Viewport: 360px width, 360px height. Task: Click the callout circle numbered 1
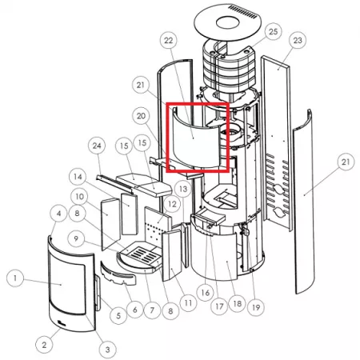pyautogui.click(x=15, y=278)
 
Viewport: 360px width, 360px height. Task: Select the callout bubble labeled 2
pyautogui.click(x=44, y=345)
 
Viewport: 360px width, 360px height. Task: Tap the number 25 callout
pyautogui.click(x=273, y=32)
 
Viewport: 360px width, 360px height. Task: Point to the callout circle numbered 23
pyautogui.click(x=298, y=40)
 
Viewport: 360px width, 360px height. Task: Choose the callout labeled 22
pyautogui.click(x=169, y=41)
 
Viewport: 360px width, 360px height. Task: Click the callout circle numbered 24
pyautogui.click(x=97, y=146)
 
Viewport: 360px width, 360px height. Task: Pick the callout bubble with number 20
pyautogui.click(x=141, y=116)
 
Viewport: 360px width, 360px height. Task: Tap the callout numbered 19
pyautogui.click(x=256, y=307)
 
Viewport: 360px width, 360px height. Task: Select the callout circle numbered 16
pyautogui.click(x=205, y=293)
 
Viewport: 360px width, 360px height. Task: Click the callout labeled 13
pyautogui.click(x=183, y=189)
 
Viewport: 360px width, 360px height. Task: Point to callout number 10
pyautogui.click(x=79, y=197)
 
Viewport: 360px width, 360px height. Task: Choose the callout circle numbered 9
pyautogui.click(x=76, y=238)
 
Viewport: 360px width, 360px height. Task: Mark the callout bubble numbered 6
pyautogui.click(x=135, y=310)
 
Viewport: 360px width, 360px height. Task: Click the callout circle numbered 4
pyautogui.click(x=58, y=213)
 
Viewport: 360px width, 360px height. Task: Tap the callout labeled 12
pyautogui.click(x=172, y=204)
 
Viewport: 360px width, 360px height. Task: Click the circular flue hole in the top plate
pyautogui.click(x=227, y=22)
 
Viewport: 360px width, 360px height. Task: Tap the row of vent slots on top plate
pyautogui.click(x=242, y=11)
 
